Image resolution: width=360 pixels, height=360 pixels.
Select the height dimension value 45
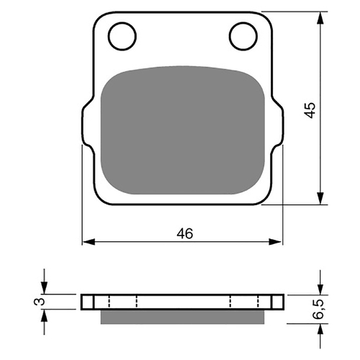[x=310, y=109]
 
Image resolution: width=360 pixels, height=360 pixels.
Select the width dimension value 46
[x=185, y=233]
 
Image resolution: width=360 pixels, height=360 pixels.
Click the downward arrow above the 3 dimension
[x=45, y=287]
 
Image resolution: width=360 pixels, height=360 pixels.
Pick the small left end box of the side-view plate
[x=88, y=301]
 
